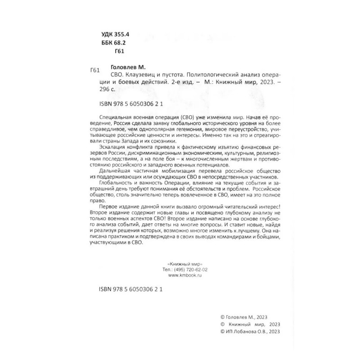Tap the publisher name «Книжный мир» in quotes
click(x=180, y=265)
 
